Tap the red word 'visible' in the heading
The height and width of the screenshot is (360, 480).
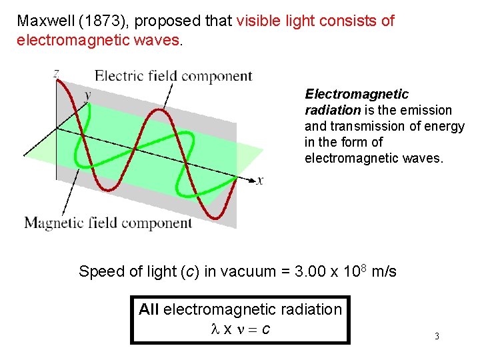[259, 21]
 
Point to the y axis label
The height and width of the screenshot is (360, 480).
[87, 95]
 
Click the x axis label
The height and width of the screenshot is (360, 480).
[260, 180]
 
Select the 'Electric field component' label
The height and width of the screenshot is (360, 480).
[173, 75]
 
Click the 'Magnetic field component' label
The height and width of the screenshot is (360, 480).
[108, 223]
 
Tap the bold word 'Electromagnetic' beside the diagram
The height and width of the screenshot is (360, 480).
[357, 94]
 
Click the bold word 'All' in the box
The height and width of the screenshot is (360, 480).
[149, 309]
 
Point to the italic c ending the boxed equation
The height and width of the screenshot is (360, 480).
[266, 329]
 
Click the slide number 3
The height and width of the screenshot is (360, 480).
[437, 337]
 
